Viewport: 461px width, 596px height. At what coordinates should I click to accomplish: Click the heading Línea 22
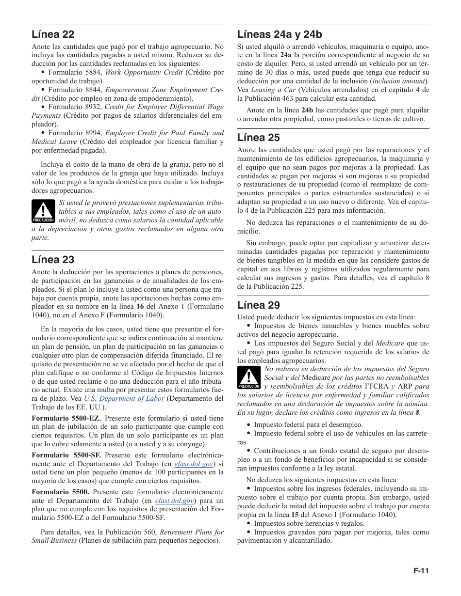click(53, 34)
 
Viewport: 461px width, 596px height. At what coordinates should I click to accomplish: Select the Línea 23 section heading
click(53, 260)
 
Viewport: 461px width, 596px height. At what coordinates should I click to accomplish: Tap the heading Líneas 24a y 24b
click(280, 34)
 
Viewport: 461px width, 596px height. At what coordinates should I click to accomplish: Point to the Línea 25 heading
click(258, 138)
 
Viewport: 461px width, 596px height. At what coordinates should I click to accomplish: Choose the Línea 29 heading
click(258, 305)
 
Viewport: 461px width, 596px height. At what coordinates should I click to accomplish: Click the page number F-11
click(421, 571)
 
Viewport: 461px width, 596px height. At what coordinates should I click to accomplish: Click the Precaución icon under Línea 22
click(43, 212)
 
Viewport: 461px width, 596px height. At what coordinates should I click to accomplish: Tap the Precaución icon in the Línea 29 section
click(249, 378)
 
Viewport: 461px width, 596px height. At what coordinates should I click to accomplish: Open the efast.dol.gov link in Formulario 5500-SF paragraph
click(194, 464)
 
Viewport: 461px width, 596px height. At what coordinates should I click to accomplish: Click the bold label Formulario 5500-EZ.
click(66, 418)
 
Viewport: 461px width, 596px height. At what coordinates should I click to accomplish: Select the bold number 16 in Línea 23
click(140, 306)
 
